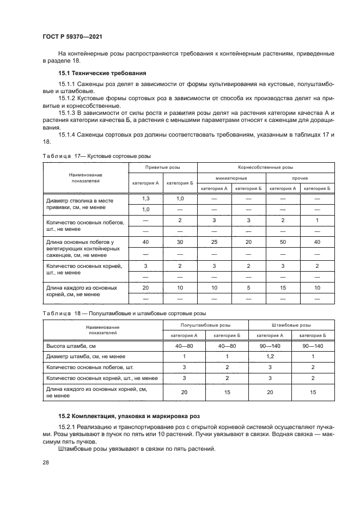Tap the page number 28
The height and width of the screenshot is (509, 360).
coord(45,462)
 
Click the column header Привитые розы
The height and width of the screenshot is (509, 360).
coord(162,167)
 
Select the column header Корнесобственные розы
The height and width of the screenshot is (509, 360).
coord(265,167)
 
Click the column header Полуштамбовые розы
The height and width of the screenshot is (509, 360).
coord(198,324)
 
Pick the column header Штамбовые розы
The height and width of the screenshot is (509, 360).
coord(291,324)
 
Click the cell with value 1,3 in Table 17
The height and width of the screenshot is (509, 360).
coord(145,199)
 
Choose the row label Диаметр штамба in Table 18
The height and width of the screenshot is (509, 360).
coord(87,356)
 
